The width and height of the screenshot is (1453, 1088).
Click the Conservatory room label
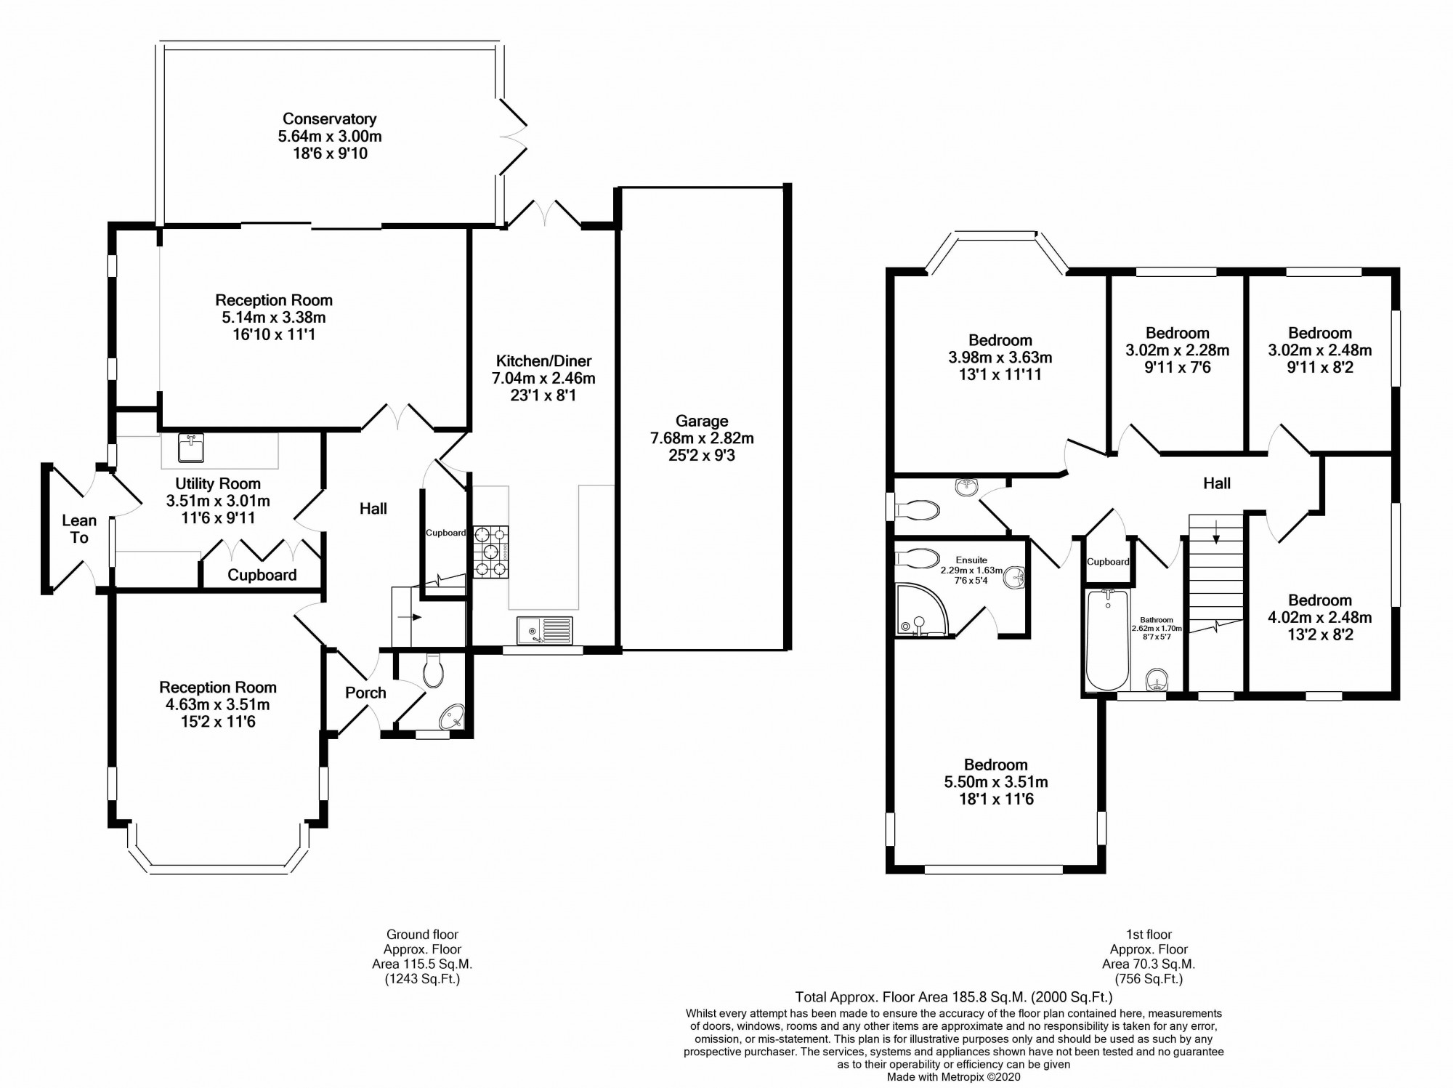[x=329, y=118]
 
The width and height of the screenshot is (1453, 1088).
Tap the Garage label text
[x=701, y=421]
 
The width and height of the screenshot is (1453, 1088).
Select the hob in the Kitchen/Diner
[x=490, y=552]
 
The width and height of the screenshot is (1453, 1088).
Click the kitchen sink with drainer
[x=544, y=629]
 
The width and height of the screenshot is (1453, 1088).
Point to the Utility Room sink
[x=191, y=448]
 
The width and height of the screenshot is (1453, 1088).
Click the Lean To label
[x=78, y=529]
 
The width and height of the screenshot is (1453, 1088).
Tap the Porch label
[x=365, y=693]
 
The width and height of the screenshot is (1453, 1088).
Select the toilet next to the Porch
[x=433, y=671]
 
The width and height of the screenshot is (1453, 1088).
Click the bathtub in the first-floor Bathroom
[x=1106, y=640]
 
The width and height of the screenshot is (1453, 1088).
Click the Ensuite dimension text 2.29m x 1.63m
[x=971, y=571]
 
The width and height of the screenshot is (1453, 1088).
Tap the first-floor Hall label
[x=1216, y=483]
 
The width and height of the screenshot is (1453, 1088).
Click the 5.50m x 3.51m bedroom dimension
[x=995, y=782]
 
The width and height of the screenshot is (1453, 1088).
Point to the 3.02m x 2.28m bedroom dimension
[x=1177, y=350]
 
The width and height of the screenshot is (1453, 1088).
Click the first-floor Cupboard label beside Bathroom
[x=1108, y=562]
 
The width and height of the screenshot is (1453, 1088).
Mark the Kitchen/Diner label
[x=543, y=360]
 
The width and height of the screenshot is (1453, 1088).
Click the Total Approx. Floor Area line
[x=953, y=997]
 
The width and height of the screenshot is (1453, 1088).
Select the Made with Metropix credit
[x=953, y=1077]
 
